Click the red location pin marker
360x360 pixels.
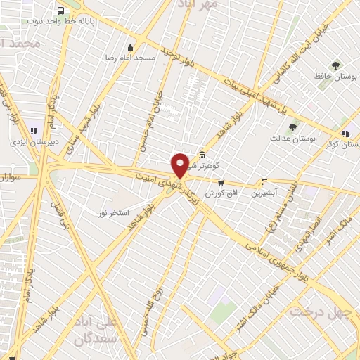pos(180,165)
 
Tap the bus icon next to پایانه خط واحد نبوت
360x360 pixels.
pos(61,11)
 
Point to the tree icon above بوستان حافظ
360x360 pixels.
pos(335,65)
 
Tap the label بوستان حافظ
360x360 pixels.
pos(335,77)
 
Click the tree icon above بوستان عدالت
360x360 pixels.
pos(292,127)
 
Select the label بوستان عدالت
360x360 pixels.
pos(291,139)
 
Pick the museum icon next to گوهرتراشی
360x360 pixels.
pos(202,155)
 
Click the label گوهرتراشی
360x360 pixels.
pos(208,166)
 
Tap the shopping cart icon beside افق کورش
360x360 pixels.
pos(221,182)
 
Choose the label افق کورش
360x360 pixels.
pos(220,193)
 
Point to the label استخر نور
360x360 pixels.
pos(113,212)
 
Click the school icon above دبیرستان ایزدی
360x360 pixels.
pos(33,130)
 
